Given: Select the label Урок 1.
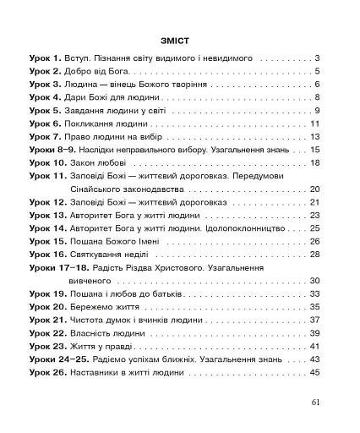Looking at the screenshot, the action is pyautogui.click(x=46, y=58).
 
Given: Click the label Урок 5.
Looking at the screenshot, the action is pyautogui.click(x=46, y=111).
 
